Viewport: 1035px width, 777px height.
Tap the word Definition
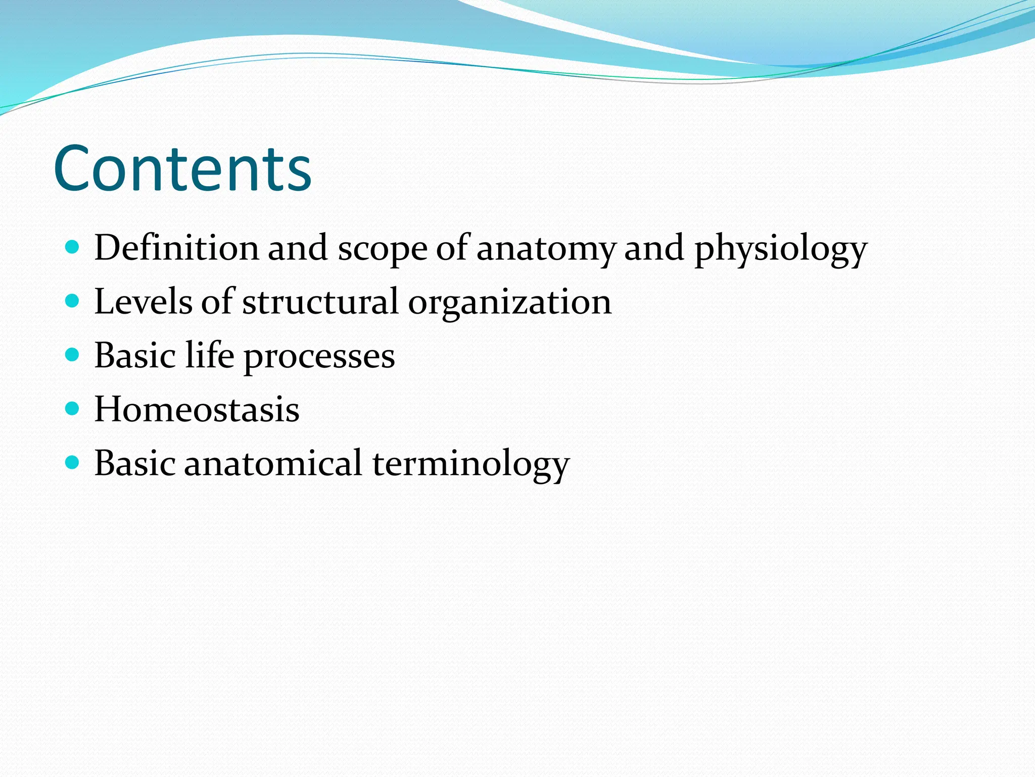[176, 248]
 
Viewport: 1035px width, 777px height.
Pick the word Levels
[143, 301]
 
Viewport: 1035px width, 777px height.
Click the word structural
[320, 301]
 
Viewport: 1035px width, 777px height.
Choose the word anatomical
[273, 463]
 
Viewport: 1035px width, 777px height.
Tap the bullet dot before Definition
[73, 247]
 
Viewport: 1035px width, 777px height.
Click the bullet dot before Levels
[73, 301]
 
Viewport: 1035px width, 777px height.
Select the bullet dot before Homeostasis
[73, 408]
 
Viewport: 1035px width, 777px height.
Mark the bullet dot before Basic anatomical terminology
[73, 462]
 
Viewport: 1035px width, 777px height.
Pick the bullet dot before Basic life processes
[73, 355]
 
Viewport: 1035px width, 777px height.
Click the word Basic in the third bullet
[135, 355]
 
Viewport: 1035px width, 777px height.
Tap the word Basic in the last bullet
[135, 463]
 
